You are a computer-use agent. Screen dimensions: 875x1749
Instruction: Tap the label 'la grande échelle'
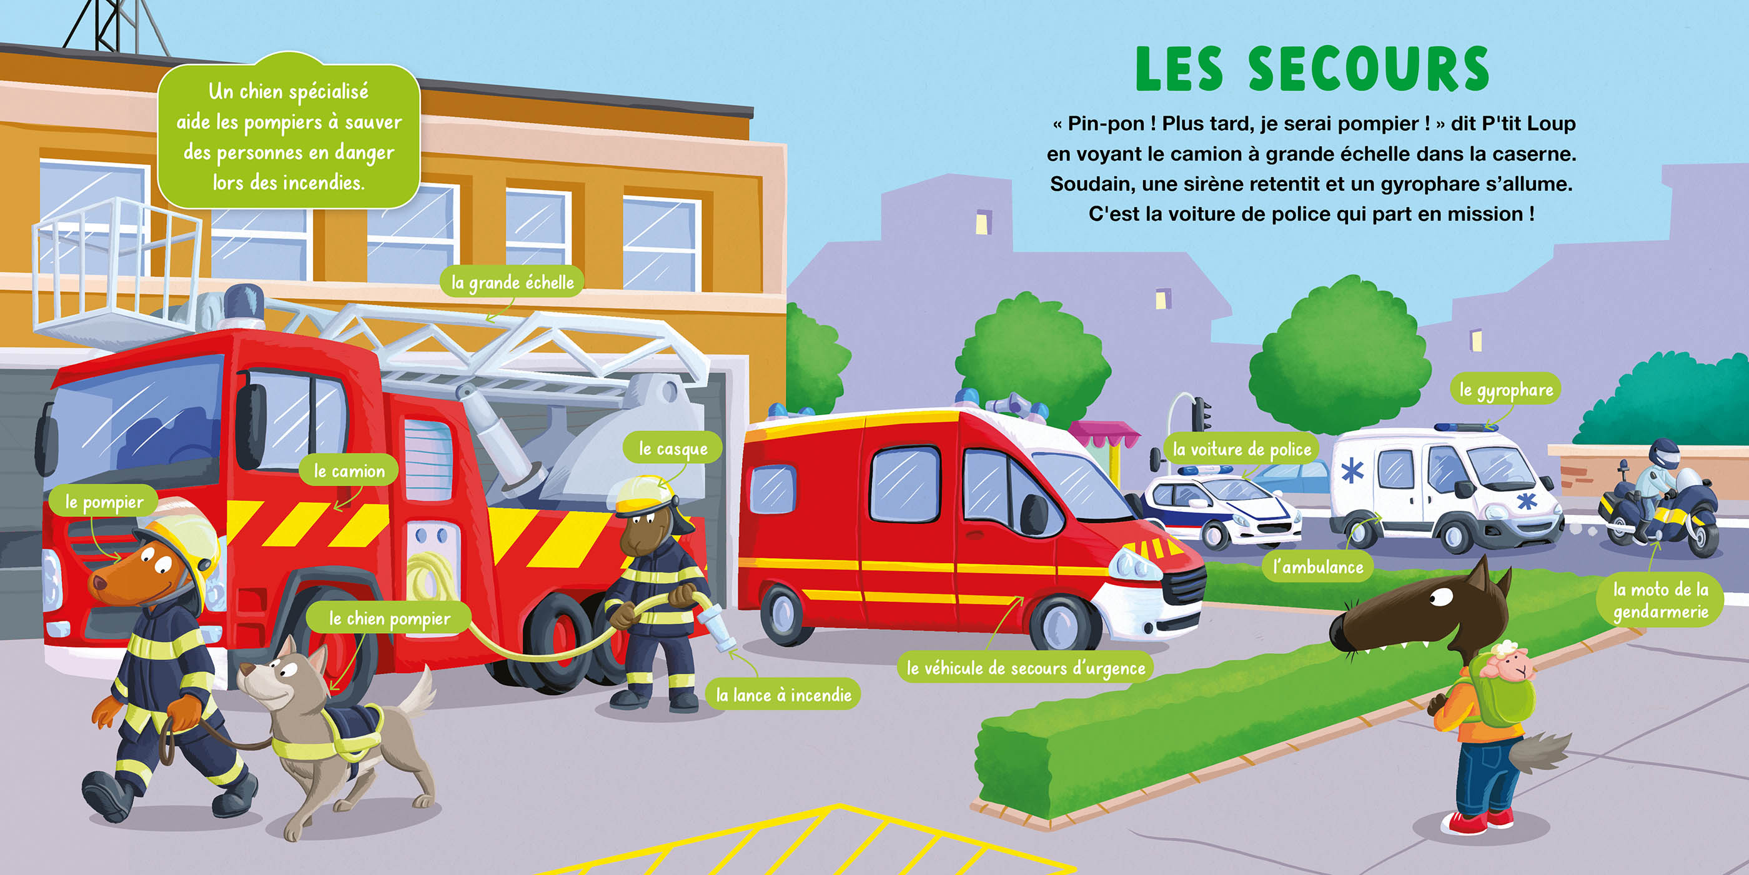(x=513, y=282)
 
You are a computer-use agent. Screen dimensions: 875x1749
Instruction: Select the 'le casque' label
(x=673, y=448)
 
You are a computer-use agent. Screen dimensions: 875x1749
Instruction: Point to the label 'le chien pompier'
(x=389, y=618)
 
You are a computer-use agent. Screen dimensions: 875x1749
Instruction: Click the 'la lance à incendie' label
(x=783, y=694)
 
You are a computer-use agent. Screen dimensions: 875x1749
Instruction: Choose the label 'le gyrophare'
(x=1506, y=390)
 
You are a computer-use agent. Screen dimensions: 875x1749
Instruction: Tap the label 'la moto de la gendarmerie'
(x=1661, y=601)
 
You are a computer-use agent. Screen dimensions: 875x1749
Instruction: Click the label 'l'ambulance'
(x=1318, y=567)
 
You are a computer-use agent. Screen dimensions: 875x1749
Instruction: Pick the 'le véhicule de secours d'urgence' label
(x=1026, y=667)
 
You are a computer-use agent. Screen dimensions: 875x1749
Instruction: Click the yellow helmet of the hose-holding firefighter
(x=641, y=493)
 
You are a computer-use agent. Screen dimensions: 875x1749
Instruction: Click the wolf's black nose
(x=1340, y=632)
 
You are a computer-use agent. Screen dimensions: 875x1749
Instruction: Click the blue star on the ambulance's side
(x=1352, y=470)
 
